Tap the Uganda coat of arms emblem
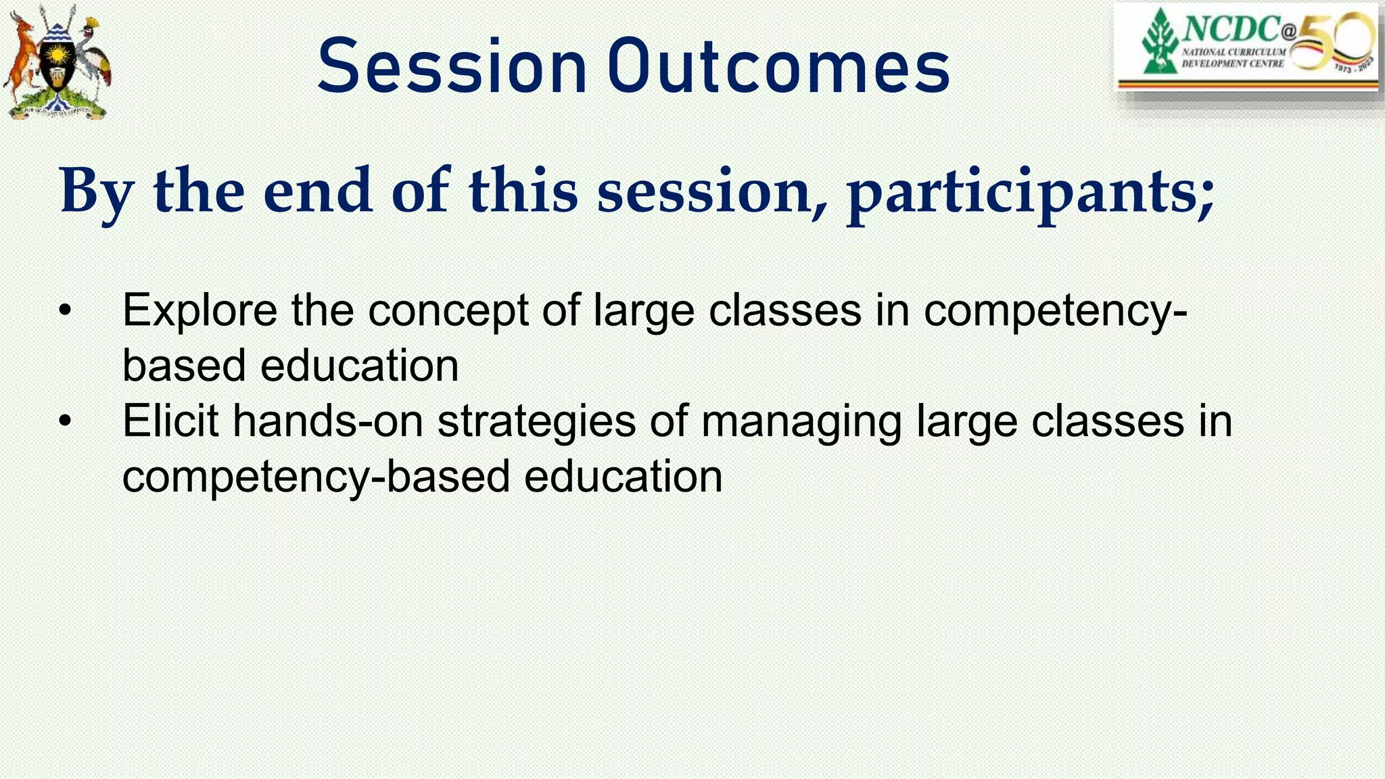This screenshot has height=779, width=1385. (57, 62)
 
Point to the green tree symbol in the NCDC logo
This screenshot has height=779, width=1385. (1159, 42)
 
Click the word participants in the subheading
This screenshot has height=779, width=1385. (1031, 193)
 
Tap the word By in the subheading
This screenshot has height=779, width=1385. (97, 192)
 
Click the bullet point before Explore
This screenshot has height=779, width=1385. (65, 311)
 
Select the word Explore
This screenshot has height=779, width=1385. (199, 311)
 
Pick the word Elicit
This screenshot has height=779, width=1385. (170, 421)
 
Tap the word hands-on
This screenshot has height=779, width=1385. (328, 421)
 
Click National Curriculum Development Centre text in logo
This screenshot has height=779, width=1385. (1234, 57)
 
